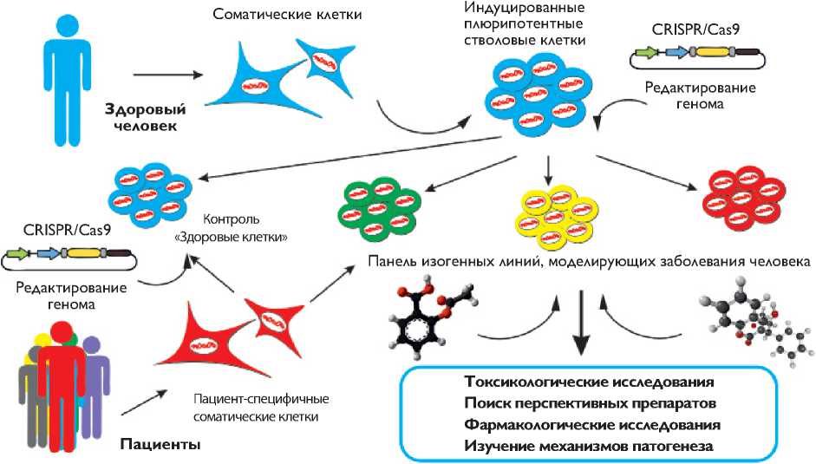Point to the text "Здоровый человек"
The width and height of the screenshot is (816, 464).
[x=141, y=118]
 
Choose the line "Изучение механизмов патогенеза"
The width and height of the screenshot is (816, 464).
[x=577, y=447]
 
